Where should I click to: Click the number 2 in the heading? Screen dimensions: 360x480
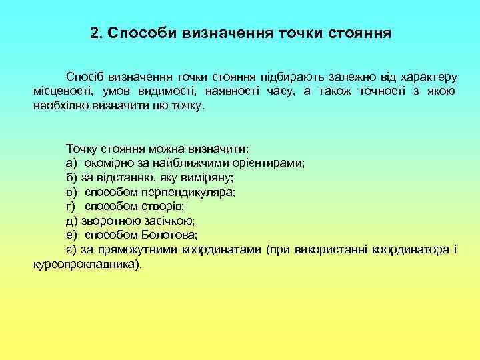pos(93,33)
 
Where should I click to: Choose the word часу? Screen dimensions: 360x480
pos(277,91)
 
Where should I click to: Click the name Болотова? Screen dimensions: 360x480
pos(169,235)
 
